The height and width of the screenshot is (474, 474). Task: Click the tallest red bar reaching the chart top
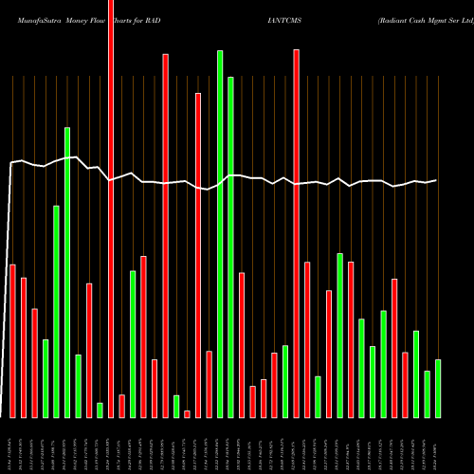pyautogui.click(x=111, y=209)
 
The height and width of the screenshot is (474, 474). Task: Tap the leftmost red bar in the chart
pyautogui.click(x=12, y=340)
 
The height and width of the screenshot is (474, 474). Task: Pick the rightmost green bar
pyautogui.click(x=438, y=388)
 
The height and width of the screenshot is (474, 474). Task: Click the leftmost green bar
pyautogui.click(x=46, y=377)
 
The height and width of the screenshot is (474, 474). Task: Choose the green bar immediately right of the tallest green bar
pyautogui.click(x=230, y=246)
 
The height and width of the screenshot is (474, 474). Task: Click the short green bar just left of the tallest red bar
pyautogui.click(x=100, y=410)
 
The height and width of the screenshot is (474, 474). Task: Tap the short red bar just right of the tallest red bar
pyautogui.click(x=121, y=405)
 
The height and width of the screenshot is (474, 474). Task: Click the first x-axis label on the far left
pyautogui.click(x=12, y=444)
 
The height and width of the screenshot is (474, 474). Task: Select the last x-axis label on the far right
pyautogui.click(x=438, y=444)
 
